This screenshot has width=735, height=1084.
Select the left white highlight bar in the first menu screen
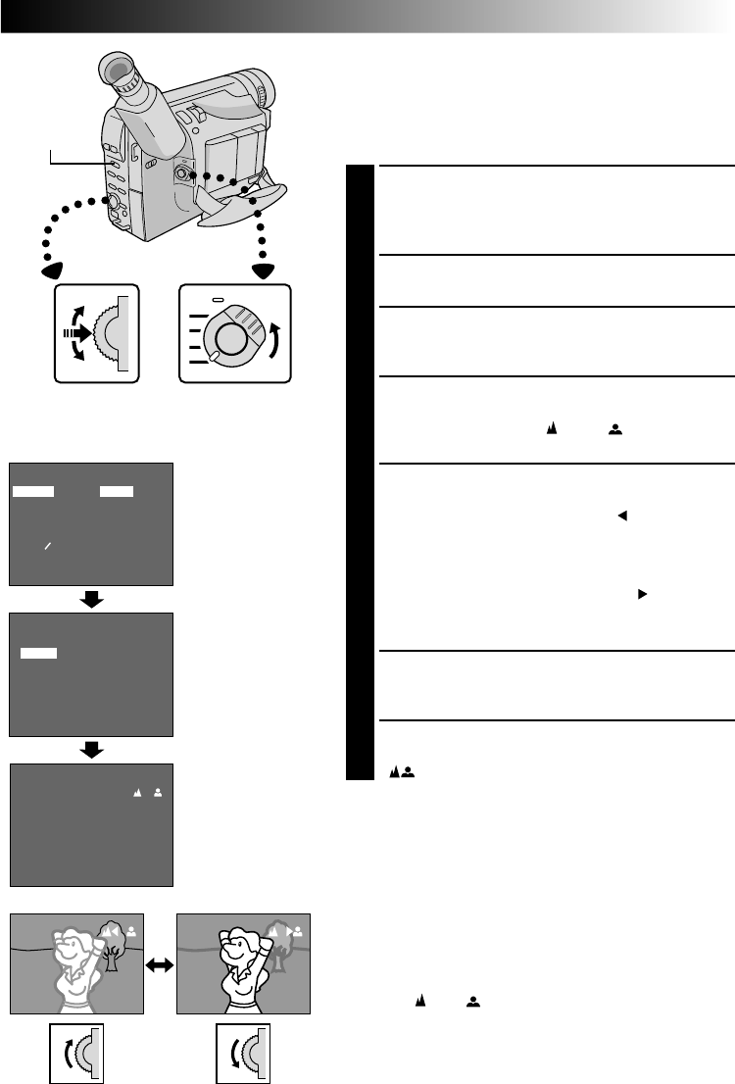pyautogui.click(x=33, y=490)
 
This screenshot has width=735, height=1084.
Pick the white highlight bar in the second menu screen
pyautogui.click(x=39, y=652)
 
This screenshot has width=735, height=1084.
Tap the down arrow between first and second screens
pyautogui.click(x=91, y=600)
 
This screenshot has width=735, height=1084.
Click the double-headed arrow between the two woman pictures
pyautogui.click(x=161, y=965)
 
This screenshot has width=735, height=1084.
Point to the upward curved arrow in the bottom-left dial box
pyautogui.click(x=68, y=1053)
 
